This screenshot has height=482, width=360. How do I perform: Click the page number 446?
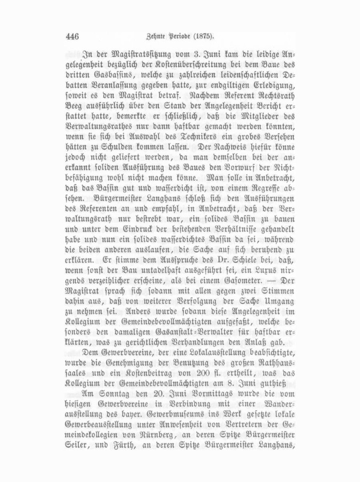pyautogui.click(x=72, y=36)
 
